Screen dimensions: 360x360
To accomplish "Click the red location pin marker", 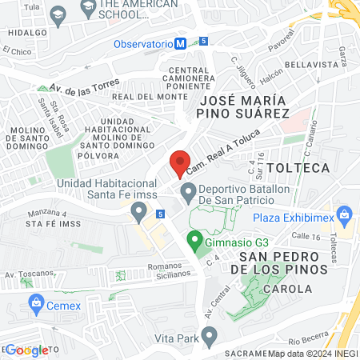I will [x=180, y=162].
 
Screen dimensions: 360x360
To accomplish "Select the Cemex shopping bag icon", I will [x=35, y=303].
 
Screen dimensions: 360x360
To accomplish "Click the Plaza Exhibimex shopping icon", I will [x=345, y=215].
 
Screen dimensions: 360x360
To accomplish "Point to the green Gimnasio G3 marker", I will [x=193, y=239].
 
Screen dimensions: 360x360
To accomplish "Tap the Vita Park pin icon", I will [x=210, y=339].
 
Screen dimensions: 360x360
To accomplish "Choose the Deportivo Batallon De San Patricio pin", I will [x=188, y=190].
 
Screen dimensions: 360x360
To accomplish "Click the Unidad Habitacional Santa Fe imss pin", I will [x=139, y=213].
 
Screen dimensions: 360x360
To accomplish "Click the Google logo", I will [x=26, y=350].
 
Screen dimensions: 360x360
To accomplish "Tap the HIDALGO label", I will [x=24, y=34].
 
